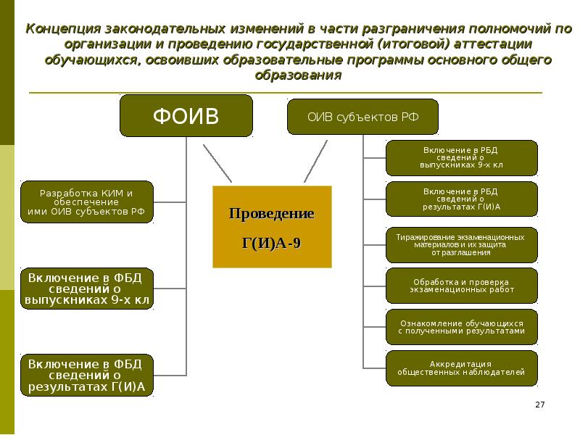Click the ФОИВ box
tap(186, 116)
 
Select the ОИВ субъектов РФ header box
tap(362, 116)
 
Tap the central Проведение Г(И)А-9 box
tap(272, 227)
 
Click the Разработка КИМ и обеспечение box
tap(86, 202)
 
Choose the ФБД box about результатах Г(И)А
tap(86, 376)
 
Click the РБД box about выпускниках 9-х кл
tap(461, 158)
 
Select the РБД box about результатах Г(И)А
tap(461, 199)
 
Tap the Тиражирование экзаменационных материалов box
tap(461, 245)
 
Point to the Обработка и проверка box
tap(461, 286)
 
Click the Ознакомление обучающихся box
tap(461, 326)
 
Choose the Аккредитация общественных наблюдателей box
tap(461, 368)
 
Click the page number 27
tap(539, 404)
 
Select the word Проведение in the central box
tap(272, 215)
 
